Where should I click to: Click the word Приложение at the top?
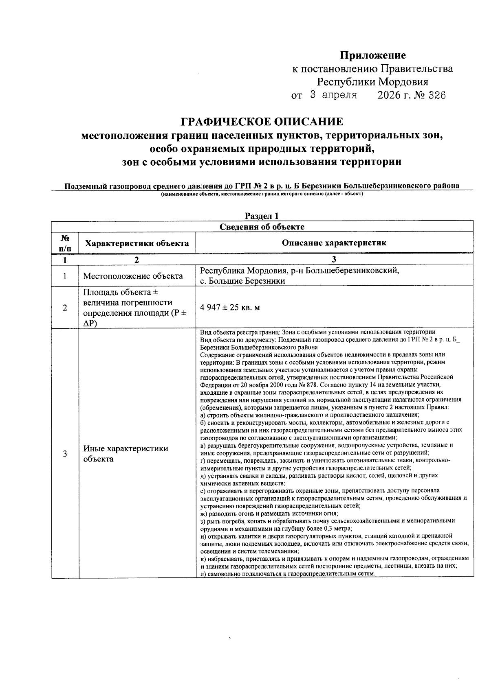pyautogui.click(x=373, y=55)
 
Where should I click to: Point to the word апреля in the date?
pyautogui.click(x=339, y=96)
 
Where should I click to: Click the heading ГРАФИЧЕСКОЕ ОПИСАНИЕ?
pyautogui.click(x=262, y=122)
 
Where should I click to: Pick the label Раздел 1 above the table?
pyautogui.click(x=262, y=216)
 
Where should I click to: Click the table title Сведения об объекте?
pyautogui.click(x=262, y=227)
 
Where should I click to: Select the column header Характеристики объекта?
pyautogui.click(x=137, y=243)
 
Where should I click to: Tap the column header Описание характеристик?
pyautogui.click(x=334, y=243)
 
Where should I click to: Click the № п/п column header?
pyautogui.click(x=65, y=243)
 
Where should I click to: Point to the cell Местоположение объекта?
pyautogui.click(x=133, y=276)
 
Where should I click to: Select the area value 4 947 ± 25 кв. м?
pyautogui.click(x=230, y=308)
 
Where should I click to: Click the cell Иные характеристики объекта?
pyautogui.click(x=126, y=454)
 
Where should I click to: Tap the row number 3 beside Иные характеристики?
pyautogui.click(x=65, y=454)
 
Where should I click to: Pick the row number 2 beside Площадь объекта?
pyautogui.click(x=65, y=308)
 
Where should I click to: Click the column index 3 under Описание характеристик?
pyautogui.click(x=334, y=260)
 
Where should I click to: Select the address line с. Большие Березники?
pyautogui.click(x=242, y=281)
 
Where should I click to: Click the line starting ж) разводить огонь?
pyautogui.click(x=269, y=514)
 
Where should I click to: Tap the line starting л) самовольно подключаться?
pyautogui.click(x=287, y=573)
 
